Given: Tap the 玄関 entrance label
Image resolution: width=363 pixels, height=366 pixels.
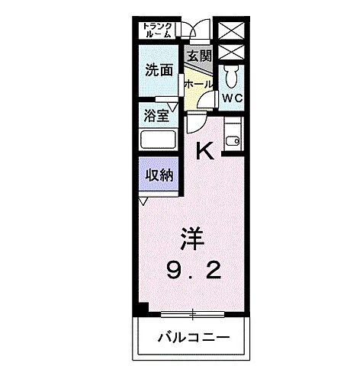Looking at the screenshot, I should (199, 56).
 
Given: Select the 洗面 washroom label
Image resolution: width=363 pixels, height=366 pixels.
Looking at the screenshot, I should (159, 71).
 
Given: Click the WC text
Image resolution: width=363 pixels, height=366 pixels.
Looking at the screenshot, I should (232, 98).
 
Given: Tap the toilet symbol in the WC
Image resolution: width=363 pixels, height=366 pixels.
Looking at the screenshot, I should (233, 77).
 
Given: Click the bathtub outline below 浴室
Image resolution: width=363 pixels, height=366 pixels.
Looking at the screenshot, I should (159, 140).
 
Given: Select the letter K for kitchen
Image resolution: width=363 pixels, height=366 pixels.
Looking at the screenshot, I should (204, 151).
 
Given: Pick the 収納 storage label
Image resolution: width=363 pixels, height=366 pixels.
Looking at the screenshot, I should (158, 175).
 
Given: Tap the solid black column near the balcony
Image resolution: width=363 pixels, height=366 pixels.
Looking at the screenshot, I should (142, 310).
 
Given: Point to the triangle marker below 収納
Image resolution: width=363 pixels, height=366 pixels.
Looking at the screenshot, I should (143, 201).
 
